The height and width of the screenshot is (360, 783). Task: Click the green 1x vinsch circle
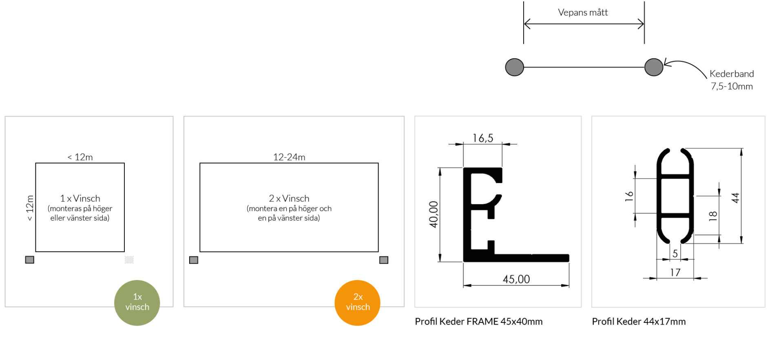[x=137, y=303]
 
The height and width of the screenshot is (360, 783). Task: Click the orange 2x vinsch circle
[x=357, y=303]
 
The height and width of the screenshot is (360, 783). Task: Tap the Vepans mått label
[x=583, y=13]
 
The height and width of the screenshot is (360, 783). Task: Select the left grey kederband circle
[x=514, y=67]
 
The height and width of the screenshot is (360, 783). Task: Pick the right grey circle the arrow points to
[x=653, y=67]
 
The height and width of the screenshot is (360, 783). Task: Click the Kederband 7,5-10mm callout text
[x=732, y=80]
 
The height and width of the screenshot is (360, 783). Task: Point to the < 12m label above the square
[x=80, y=157]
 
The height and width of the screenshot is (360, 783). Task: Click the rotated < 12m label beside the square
[x=30, y=208]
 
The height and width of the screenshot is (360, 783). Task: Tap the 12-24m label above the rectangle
[x=289, y=157]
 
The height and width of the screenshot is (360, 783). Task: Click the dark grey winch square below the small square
[x=30, y=260]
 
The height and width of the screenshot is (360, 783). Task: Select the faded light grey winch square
[x=129, y=260]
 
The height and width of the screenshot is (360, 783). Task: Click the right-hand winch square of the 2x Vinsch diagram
[x=384, y=260]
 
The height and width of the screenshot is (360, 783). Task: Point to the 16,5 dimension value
[x=483, y=138]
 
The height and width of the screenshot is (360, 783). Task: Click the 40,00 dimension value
[x=434, y=214]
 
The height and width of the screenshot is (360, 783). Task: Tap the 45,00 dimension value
[x=516, y=279]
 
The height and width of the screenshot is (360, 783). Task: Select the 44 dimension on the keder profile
[x=735, y=198]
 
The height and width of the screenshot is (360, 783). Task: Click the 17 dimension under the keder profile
[x=675, y=272]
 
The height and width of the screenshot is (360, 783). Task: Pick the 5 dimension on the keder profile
[x=675, y=254]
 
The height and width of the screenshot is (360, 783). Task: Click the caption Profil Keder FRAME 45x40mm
[x=478, y=322]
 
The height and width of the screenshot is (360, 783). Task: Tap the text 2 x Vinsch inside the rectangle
[x=289, y=199]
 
